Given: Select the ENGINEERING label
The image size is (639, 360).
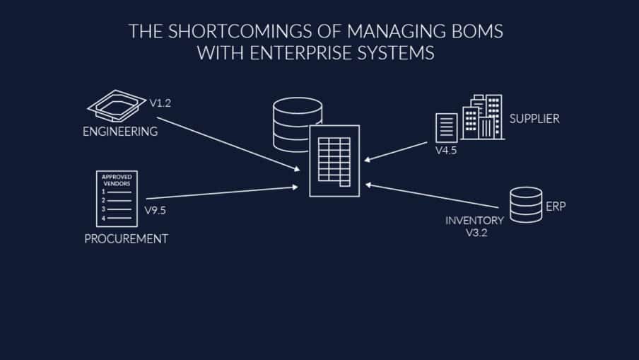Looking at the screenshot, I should [120, 132].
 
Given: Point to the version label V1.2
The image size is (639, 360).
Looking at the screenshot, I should [160, 103].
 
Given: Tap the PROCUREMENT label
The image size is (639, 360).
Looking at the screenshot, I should [126, 239].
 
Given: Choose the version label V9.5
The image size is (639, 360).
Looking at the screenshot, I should [155, 210].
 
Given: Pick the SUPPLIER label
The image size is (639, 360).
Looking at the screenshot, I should [534, 119].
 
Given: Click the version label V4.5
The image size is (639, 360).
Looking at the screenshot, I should [445, 150].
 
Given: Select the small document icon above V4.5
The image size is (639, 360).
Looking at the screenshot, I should [446, 128].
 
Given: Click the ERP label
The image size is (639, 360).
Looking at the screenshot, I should [556, 207].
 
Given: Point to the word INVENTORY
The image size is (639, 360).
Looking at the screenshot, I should [474, 221].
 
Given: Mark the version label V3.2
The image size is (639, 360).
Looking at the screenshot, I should [476, 233].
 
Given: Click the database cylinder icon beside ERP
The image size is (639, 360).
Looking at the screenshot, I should [526, 204].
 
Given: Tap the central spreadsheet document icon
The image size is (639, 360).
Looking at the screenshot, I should [334, 161].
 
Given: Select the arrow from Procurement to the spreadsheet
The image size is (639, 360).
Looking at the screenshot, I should [223, 192].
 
